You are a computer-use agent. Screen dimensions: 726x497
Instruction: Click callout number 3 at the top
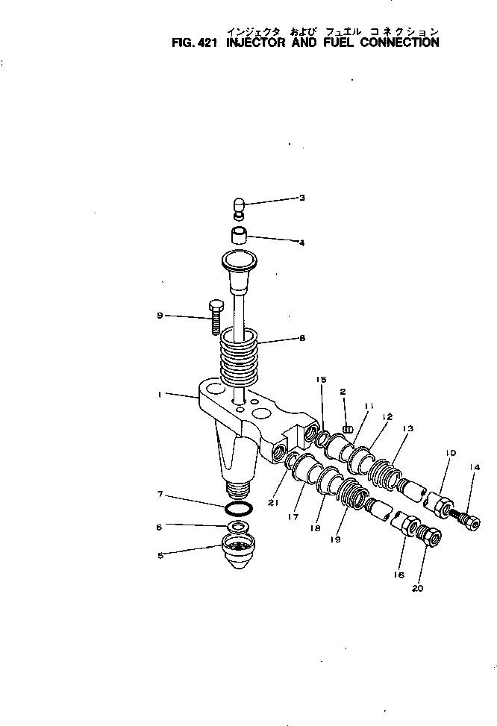pyautogui.click(x=301, y=198)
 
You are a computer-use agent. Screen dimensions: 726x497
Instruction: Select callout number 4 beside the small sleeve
pyautogui.click(x=301, y=242)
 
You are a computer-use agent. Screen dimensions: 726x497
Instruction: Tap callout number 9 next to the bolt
pyautogui.click(x=160, y=316)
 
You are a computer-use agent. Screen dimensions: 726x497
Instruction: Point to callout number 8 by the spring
pyautogui.click(x=301, y=338)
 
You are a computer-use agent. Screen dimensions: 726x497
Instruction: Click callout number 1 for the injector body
pyautogui.click(x=160, y=395)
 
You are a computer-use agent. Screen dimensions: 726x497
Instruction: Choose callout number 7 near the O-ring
pyautogui.click(x=160, y=495)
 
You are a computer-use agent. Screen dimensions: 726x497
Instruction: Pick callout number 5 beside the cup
pyautogui.click(x=160, y=554)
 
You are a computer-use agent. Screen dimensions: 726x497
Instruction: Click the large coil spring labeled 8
pyautogui.click(x=242, y=357)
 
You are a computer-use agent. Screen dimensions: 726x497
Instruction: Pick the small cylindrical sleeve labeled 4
pyautogui.click(x=238, y=238)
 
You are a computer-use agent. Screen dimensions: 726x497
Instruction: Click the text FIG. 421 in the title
pyautogui.click(x=193, y=43)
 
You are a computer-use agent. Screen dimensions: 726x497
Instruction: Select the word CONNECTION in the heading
pyautogui.click(x=399, y=43)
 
